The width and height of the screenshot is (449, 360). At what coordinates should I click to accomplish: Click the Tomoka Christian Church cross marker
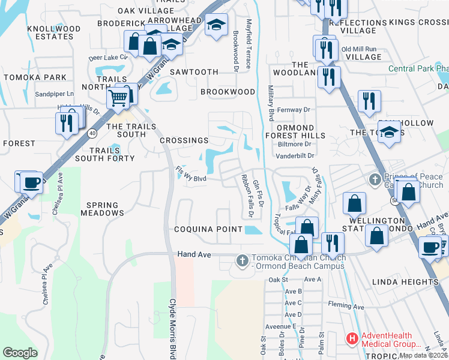[x=242, y=260]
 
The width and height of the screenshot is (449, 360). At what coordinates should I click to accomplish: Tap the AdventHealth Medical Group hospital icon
[x=352, y=339]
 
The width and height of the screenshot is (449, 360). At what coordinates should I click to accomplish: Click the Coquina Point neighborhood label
[x=208, y=229]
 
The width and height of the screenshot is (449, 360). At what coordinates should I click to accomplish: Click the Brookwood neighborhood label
[x=228, y=92]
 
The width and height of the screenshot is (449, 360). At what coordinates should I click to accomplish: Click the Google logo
[x=20, y=353]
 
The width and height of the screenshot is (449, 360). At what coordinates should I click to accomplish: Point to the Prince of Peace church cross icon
[x=374, y=179]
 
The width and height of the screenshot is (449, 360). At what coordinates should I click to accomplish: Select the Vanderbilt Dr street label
[x=295, y=156]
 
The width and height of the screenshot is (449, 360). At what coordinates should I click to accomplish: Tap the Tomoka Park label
[x=34, y=77]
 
